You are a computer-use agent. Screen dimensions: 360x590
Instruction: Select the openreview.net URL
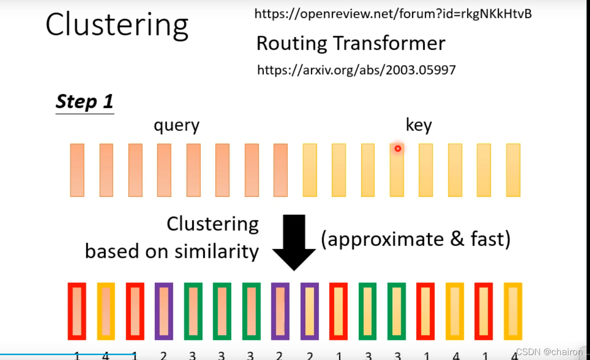coord(393,14)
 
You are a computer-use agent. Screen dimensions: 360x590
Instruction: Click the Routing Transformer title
coord(351,44)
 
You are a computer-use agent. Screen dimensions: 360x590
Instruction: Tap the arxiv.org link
coord(356,70)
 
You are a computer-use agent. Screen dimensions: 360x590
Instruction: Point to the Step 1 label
coord(84,101)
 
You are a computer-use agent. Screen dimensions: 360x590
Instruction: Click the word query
coord(176,126)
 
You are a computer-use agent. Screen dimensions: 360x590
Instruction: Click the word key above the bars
coord(418,126)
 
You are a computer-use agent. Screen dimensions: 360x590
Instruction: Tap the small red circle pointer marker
coord(398,148)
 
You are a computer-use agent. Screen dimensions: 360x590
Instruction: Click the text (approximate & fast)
coord(416,240)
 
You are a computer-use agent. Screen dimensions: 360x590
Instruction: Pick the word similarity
coord(217,251)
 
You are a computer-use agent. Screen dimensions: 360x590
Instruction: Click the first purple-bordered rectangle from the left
coord(164,311)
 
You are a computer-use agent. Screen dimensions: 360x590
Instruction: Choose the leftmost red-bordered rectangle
coord(77,311)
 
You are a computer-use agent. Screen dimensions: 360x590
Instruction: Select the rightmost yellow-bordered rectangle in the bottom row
coord(513,311)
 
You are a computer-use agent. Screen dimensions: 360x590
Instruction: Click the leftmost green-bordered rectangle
coord(193,311)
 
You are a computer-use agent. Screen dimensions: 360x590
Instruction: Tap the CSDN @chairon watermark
coord(549,352)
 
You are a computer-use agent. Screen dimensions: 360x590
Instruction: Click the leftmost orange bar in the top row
coord(77,170)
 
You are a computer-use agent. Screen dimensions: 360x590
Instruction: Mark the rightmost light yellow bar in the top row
coord(513,170)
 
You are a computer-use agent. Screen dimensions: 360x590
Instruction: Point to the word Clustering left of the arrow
coord(213,224)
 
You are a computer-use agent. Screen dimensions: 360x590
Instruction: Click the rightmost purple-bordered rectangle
coord(310,311)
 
